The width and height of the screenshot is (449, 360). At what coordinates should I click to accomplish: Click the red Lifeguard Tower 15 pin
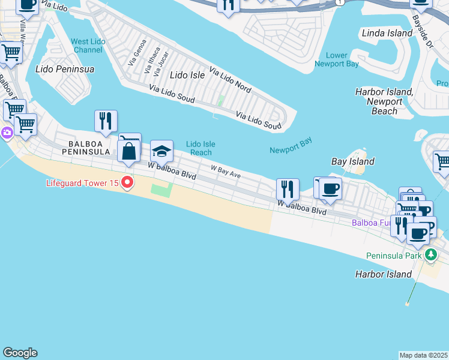click(x=127, y=182)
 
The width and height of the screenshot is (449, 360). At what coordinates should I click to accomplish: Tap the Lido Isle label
click(x=187, y=75)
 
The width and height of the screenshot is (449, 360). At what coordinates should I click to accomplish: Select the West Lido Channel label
click(x=87, y=46)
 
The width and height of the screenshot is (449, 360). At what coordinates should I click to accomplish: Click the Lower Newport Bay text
click(x=337, y=59)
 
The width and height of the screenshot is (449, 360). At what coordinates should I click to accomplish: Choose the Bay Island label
click(x=353, y=161)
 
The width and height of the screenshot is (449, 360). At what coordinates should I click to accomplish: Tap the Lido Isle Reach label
click(x=200, y=148)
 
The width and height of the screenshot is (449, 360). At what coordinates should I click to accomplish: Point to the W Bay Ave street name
click(x=225, y=172)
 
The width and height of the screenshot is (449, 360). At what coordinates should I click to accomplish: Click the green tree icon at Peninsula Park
click(x=430, y=255)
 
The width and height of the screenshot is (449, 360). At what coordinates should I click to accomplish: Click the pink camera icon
click(x=7, y=133)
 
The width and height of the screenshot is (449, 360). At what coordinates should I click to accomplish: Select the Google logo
click(x=20, y=353)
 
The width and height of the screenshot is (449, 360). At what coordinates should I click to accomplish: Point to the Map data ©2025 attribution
click(x=423, y=355)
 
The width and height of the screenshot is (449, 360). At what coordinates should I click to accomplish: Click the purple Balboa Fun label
click(x=371, y=223)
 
